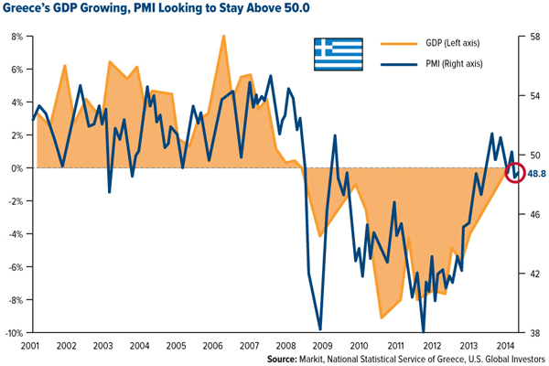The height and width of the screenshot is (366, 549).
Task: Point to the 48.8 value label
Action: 536,173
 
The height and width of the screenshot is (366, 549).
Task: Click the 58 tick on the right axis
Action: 536,37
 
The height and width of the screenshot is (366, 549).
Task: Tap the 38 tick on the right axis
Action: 536,333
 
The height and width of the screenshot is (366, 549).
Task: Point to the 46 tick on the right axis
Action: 536,214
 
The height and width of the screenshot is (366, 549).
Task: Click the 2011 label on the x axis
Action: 394,347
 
